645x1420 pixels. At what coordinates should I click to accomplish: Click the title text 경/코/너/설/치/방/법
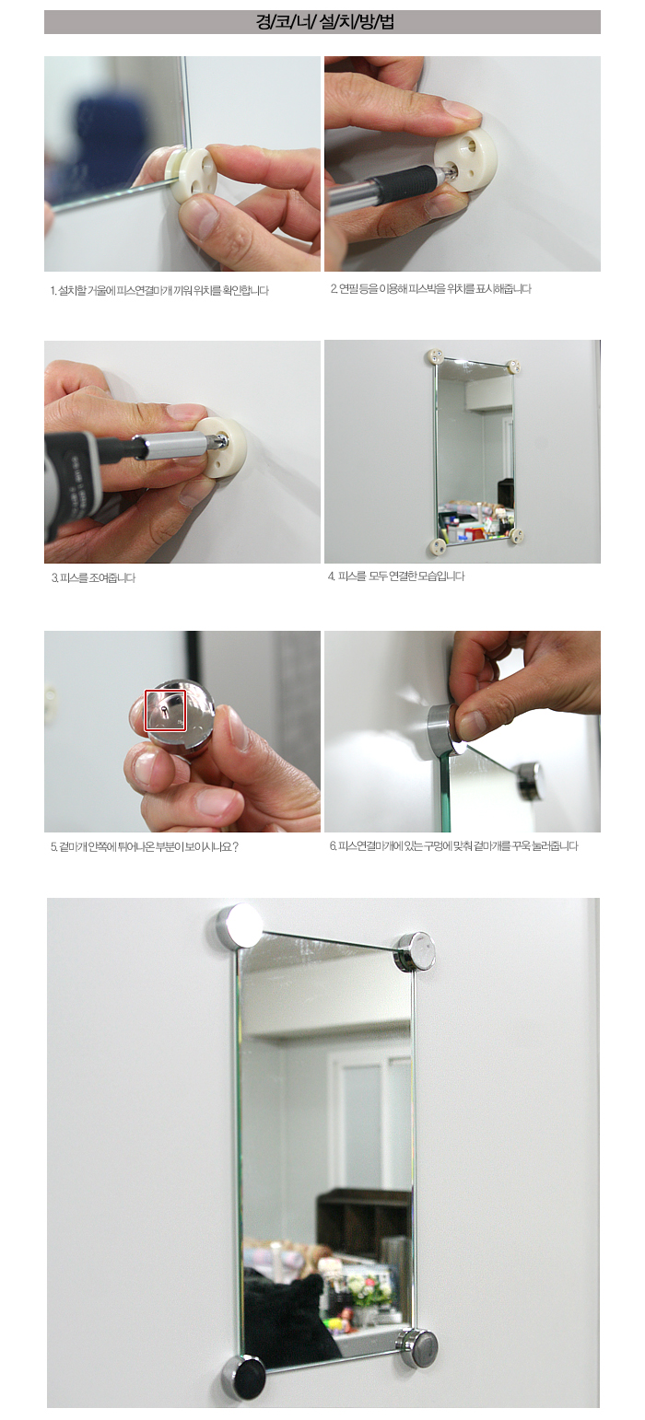[324, 22]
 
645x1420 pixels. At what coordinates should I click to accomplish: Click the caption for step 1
[159, 291]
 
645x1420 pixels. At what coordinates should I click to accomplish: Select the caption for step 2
[430, 289]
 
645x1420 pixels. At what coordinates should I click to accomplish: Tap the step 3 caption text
[93, 578]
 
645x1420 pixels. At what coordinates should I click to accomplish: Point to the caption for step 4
[396, 576]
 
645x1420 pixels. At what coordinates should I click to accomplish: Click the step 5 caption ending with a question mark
[145, 847]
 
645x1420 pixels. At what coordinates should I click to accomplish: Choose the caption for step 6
[454, 846]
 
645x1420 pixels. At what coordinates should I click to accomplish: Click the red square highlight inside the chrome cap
[165, 711]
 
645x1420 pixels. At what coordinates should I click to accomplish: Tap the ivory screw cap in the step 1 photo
[195, 175]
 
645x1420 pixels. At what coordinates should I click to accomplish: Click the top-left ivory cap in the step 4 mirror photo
[435, 356]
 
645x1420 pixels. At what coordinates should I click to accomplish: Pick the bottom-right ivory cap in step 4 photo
[517, 536]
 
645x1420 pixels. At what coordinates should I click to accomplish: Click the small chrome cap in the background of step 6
[528, 780]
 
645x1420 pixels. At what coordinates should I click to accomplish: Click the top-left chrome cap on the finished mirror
[239, 926]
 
